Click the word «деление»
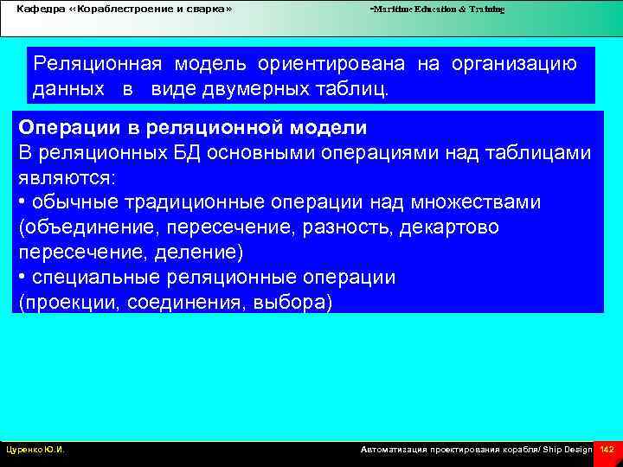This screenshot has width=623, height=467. pos(205,253)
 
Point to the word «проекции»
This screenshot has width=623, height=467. pos(65,303)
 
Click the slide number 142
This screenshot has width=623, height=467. pos(607,450)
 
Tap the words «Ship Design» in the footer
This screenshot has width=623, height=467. pos(567,450)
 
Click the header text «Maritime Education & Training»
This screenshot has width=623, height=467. pos(438,9)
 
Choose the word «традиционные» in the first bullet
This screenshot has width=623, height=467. pos(193,202)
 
